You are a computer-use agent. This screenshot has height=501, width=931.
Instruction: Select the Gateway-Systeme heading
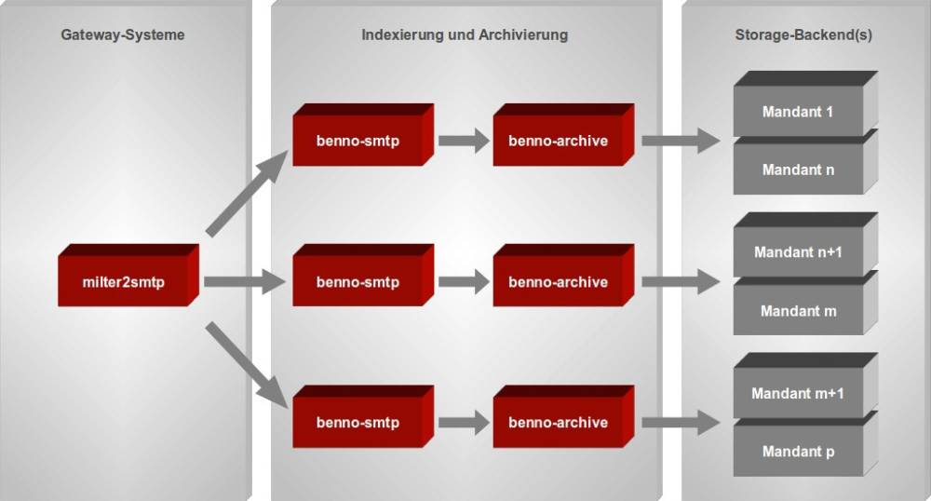[x=123, y=35]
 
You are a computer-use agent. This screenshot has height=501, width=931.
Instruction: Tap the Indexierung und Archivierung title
[x=465, y=35]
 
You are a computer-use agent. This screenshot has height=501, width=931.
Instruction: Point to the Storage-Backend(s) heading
[x=803, y=35]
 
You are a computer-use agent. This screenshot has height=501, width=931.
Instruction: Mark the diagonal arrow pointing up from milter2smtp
[x=247, y=194]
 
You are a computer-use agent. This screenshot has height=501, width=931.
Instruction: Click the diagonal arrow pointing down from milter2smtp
[x=247, y=365]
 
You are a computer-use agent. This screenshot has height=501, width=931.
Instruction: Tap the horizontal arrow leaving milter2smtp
[x=245, y=281]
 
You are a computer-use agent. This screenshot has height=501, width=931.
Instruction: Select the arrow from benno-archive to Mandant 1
[x=681, y=141]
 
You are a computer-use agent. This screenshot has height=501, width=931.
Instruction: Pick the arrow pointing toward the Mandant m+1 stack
[x=681, y=423]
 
